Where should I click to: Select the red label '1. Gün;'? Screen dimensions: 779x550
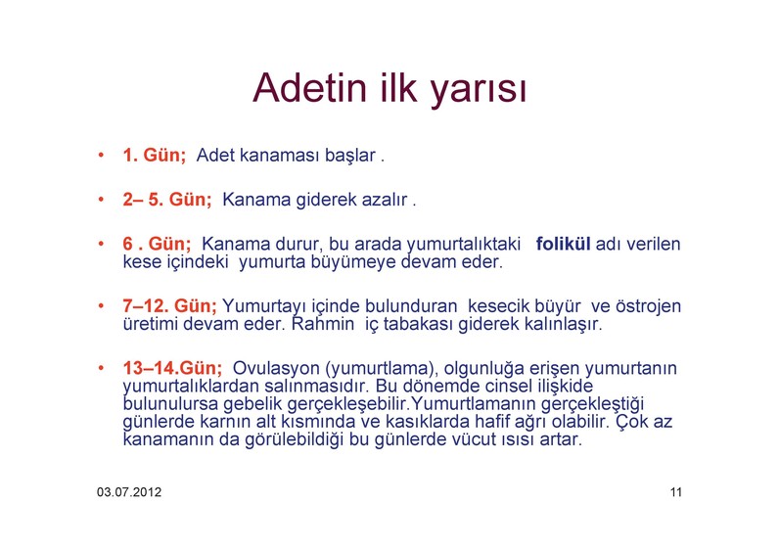[155, 155]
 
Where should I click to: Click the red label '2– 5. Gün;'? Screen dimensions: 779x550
[167, 200]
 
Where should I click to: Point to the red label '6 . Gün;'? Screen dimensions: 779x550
[157, 244]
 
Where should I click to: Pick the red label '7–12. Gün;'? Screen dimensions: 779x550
[170, 306]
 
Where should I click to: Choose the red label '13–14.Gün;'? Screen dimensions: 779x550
[172, 368]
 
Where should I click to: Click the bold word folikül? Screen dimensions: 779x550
[564, 244]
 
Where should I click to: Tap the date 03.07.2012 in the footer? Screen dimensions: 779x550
[129, 492]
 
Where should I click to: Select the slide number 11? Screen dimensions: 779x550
[675, 492]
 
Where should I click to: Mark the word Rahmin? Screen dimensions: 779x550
[323, 324]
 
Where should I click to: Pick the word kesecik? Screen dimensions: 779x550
[499, 306]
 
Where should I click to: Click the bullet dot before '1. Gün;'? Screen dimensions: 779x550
[102, 155]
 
